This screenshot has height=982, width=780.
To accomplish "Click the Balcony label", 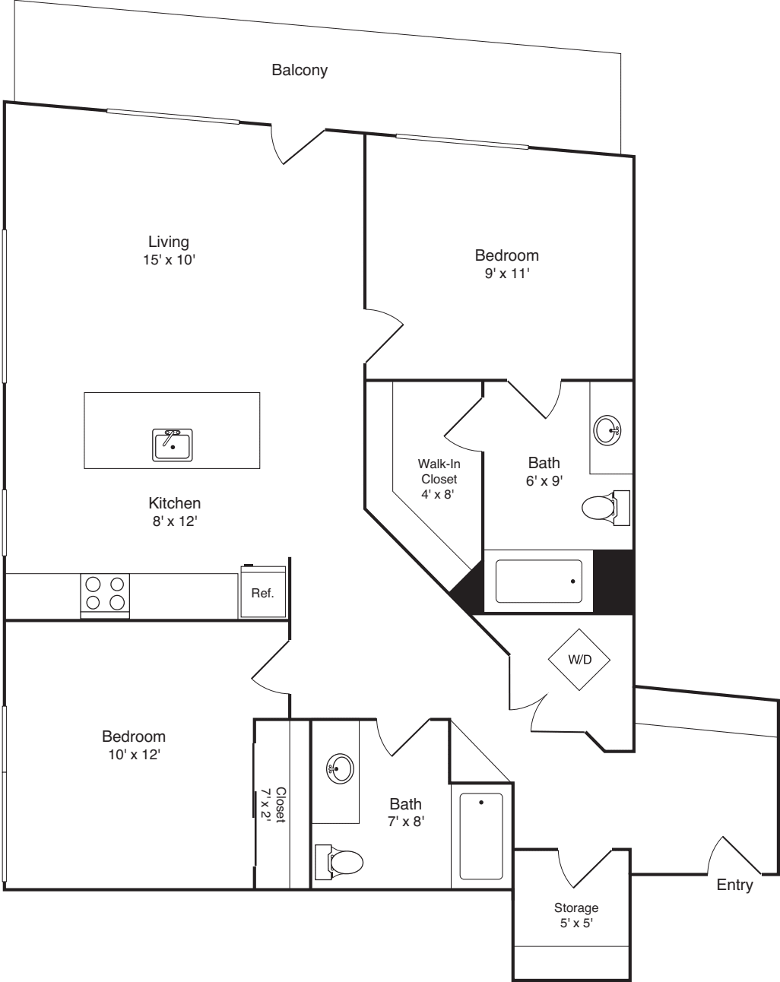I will pos(300,70).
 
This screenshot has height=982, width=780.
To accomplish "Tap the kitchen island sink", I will pos(173,445).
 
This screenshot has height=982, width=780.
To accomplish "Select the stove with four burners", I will pos(105,594).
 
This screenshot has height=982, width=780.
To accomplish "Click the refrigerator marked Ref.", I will pos(263,592).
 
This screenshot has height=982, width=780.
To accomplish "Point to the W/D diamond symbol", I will pos(579,659).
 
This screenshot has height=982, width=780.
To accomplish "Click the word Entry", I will pos(734,885).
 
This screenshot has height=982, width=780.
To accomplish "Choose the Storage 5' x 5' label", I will pos(575,915).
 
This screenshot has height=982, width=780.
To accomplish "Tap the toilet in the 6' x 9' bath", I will pos(604,508).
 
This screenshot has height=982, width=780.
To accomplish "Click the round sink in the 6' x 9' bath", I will pos(608,431).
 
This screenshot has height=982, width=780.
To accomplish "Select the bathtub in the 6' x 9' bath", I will pos(538,581).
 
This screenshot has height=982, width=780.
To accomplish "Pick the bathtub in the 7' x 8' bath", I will pos(480,835).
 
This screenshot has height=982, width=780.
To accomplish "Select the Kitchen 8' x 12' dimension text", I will pos(174,521).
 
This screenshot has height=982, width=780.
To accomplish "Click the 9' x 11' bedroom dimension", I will pos(506,274).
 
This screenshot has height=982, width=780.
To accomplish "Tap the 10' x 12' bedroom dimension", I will pos(134,755).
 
